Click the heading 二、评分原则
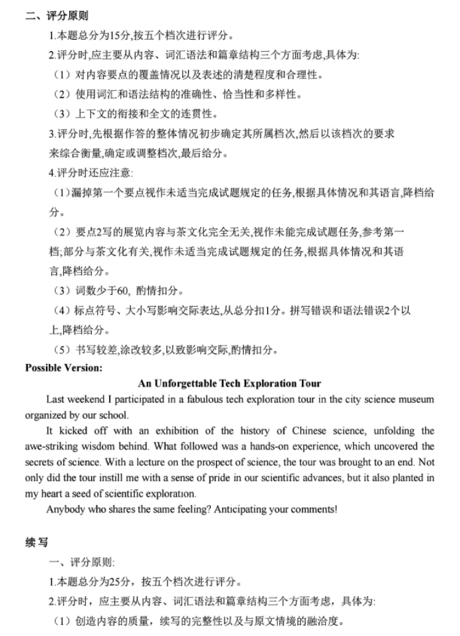pyautogui.click(x=57, y=16)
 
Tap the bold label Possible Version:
pyautogui.click(x=64, y=368)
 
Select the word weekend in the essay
pyautogui.click(x=87, y=400)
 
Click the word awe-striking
pyautogui.click(x=55, y=447)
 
